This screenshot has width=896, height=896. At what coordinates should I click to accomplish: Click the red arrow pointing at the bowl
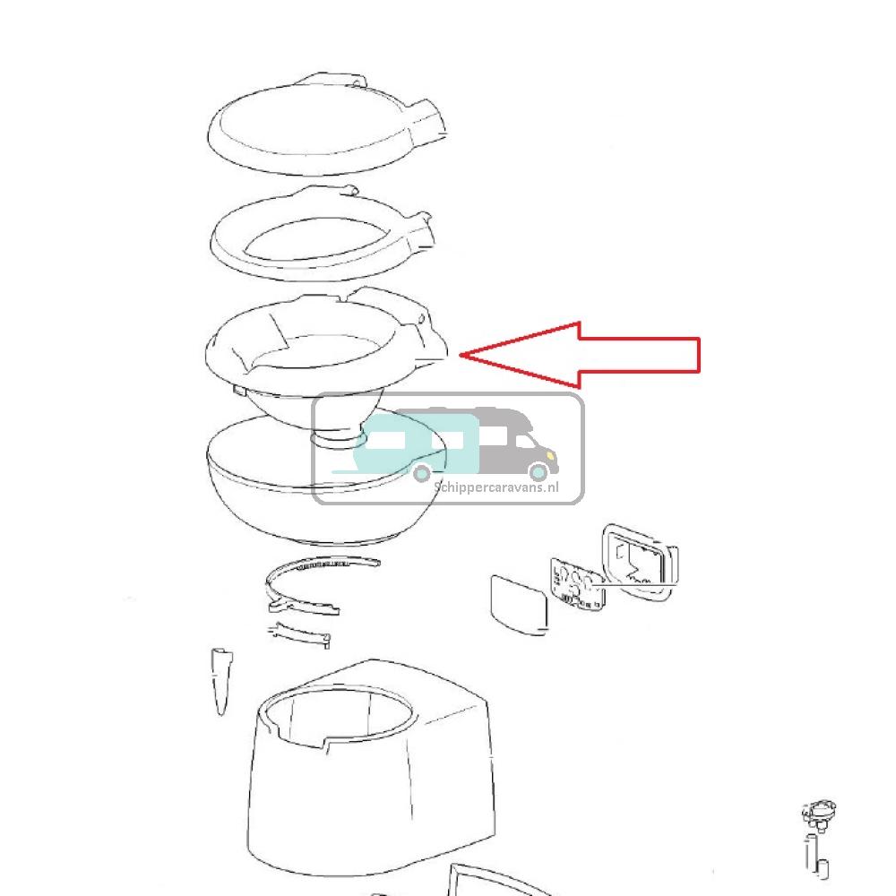[x=580, y=355]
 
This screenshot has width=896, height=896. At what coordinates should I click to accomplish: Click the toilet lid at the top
[x=326, y=124]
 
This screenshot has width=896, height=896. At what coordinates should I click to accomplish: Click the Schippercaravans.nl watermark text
[x=496, y=487]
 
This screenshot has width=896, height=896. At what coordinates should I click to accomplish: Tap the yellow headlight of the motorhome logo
[x=551, y=455]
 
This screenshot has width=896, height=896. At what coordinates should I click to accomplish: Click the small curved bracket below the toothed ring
[x=300, y=633]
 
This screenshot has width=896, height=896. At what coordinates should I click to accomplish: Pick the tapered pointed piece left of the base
[x=221, y=680]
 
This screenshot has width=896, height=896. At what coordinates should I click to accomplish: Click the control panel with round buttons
[x=577, y=584]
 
